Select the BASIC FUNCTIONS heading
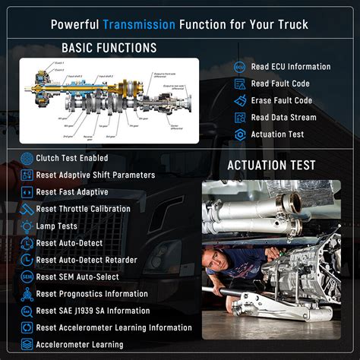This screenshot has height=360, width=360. coord(109,49)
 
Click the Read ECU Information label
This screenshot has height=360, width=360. coord(290,66)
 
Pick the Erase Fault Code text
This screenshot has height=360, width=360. coord(283,100)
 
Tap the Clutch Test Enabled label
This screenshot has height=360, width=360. coord(72,158)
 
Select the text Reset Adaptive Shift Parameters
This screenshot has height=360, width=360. coord(96,175)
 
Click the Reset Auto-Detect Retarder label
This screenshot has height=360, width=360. coord(87,260)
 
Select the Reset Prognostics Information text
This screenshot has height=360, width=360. coord(92,294)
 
